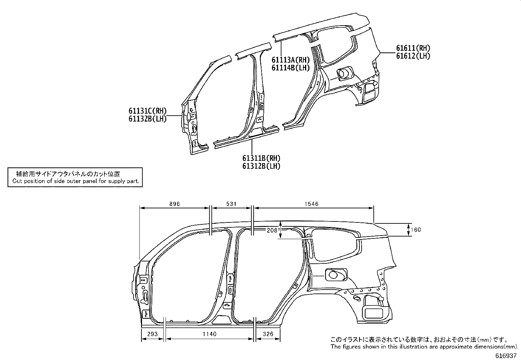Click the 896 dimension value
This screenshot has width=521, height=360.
pos(174,204)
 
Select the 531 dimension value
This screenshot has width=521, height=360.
pos(231,204)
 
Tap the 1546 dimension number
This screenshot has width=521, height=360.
pos(311,204)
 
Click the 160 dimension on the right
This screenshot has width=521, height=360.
pos(416,230)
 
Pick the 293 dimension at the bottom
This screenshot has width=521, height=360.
pos(153,334)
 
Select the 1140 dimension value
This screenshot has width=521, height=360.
pos(209,334)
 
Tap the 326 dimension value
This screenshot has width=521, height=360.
pos(268,334)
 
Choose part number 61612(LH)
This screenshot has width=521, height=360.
pos(413,56)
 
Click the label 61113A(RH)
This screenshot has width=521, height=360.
pos(290,60)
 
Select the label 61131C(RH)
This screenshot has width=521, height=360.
pos(147,111)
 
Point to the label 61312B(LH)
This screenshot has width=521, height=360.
pos(261,166)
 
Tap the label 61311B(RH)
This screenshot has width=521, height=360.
pos(261,159)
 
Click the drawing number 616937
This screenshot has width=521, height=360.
pos(507,356)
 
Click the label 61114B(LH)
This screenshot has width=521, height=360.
pos(290,68)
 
